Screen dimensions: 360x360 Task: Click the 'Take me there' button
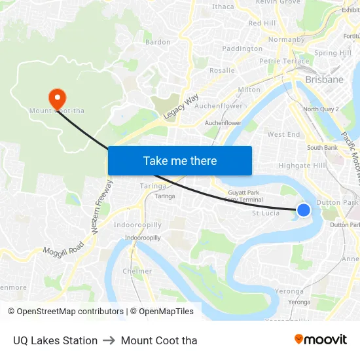(180, 160)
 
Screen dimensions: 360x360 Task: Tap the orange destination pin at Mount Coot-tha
(57, 98)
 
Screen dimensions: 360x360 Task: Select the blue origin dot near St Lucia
(304, 209)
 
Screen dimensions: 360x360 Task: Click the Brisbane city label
(324, 79)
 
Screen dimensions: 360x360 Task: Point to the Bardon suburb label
(158, 42)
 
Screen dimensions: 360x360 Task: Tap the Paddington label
(242, 48)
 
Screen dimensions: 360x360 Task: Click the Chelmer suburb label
(137, 271)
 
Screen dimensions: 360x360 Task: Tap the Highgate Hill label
(302, 166)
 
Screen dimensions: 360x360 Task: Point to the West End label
(283, 134)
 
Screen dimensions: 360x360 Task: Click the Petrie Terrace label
(284, 61)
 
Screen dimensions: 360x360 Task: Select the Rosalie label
(222, 70)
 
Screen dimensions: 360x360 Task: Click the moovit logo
(321, 339)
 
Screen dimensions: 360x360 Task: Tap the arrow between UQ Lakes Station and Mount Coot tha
(109, 340)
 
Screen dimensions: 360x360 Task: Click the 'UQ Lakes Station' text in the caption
(55, 340)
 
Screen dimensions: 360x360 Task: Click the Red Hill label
(262, 23)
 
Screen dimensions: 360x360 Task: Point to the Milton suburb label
(249, 90)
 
